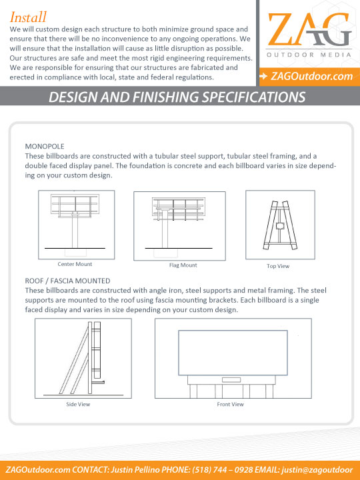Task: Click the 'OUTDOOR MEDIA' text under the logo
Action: [308, 56]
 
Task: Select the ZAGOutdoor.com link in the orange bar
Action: [312, 77]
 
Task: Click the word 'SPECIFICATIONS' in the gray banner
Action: [248, 98]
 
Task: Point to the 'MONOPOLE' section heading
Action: [44, 145]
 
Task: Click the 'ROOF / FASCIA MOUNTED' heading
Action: [67, 281]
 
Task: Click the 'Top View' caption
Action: [278, 266]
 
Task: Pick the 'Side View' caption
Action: [78, 404]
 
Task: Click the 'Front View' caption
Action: [231, 404]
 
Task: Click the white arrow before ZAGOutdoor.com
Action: [264, 77]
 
